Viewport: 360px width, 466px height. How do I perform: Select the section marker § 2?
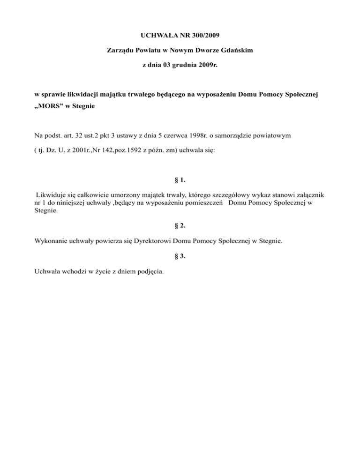[180, 225]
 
